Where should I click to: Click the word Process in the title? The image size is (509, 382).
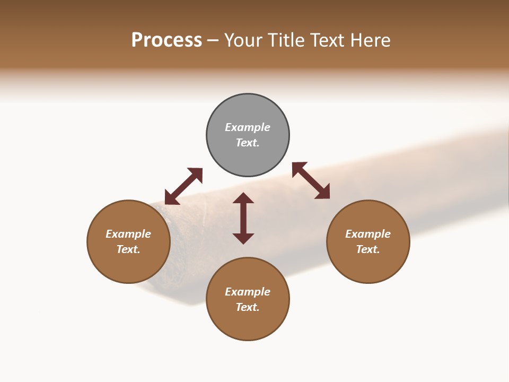coord(166,40)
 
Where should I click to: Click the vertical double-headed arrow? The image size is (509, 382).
coord(243,218)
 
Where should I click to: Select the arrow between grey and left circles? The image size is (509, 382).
coord(183,186)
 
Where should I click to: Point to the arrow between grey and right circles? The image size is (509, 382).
coord(311,180)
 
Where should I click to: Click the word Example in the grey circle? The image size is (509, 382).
coord(248,127)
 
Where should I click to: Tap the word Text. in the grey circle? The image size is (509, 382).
coord(248,143)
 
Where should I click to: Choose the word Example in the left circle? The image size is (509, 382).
coord(128,234)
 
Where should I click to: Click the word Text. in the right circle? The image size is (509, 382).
coord(368,249)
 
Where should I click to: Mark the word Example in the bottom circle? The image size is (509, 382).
coord(248,292)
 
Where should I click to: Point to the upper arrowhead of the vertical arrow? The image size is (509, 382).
coord(243,198)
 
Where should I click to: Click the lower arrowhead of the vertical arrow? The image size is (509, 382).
coord(243,238)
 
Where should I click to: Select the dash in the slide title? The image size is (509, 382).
coord(213,41)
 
